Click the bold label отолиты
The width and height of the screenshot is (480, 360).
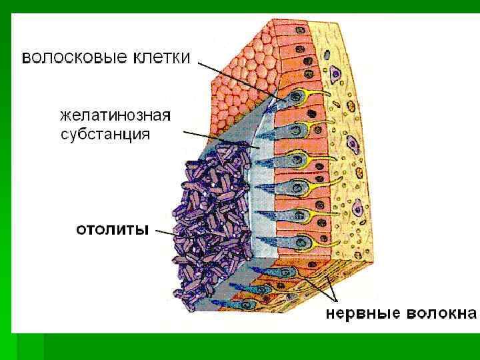pyautogui.click(x=112, y=231)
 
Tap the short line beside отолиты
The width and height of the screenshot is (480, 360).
pyautogui.click(x=163, y=232)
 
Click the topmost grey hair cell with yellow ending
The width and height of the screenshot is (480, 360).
pyautogui.click(x=293, y=99)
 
